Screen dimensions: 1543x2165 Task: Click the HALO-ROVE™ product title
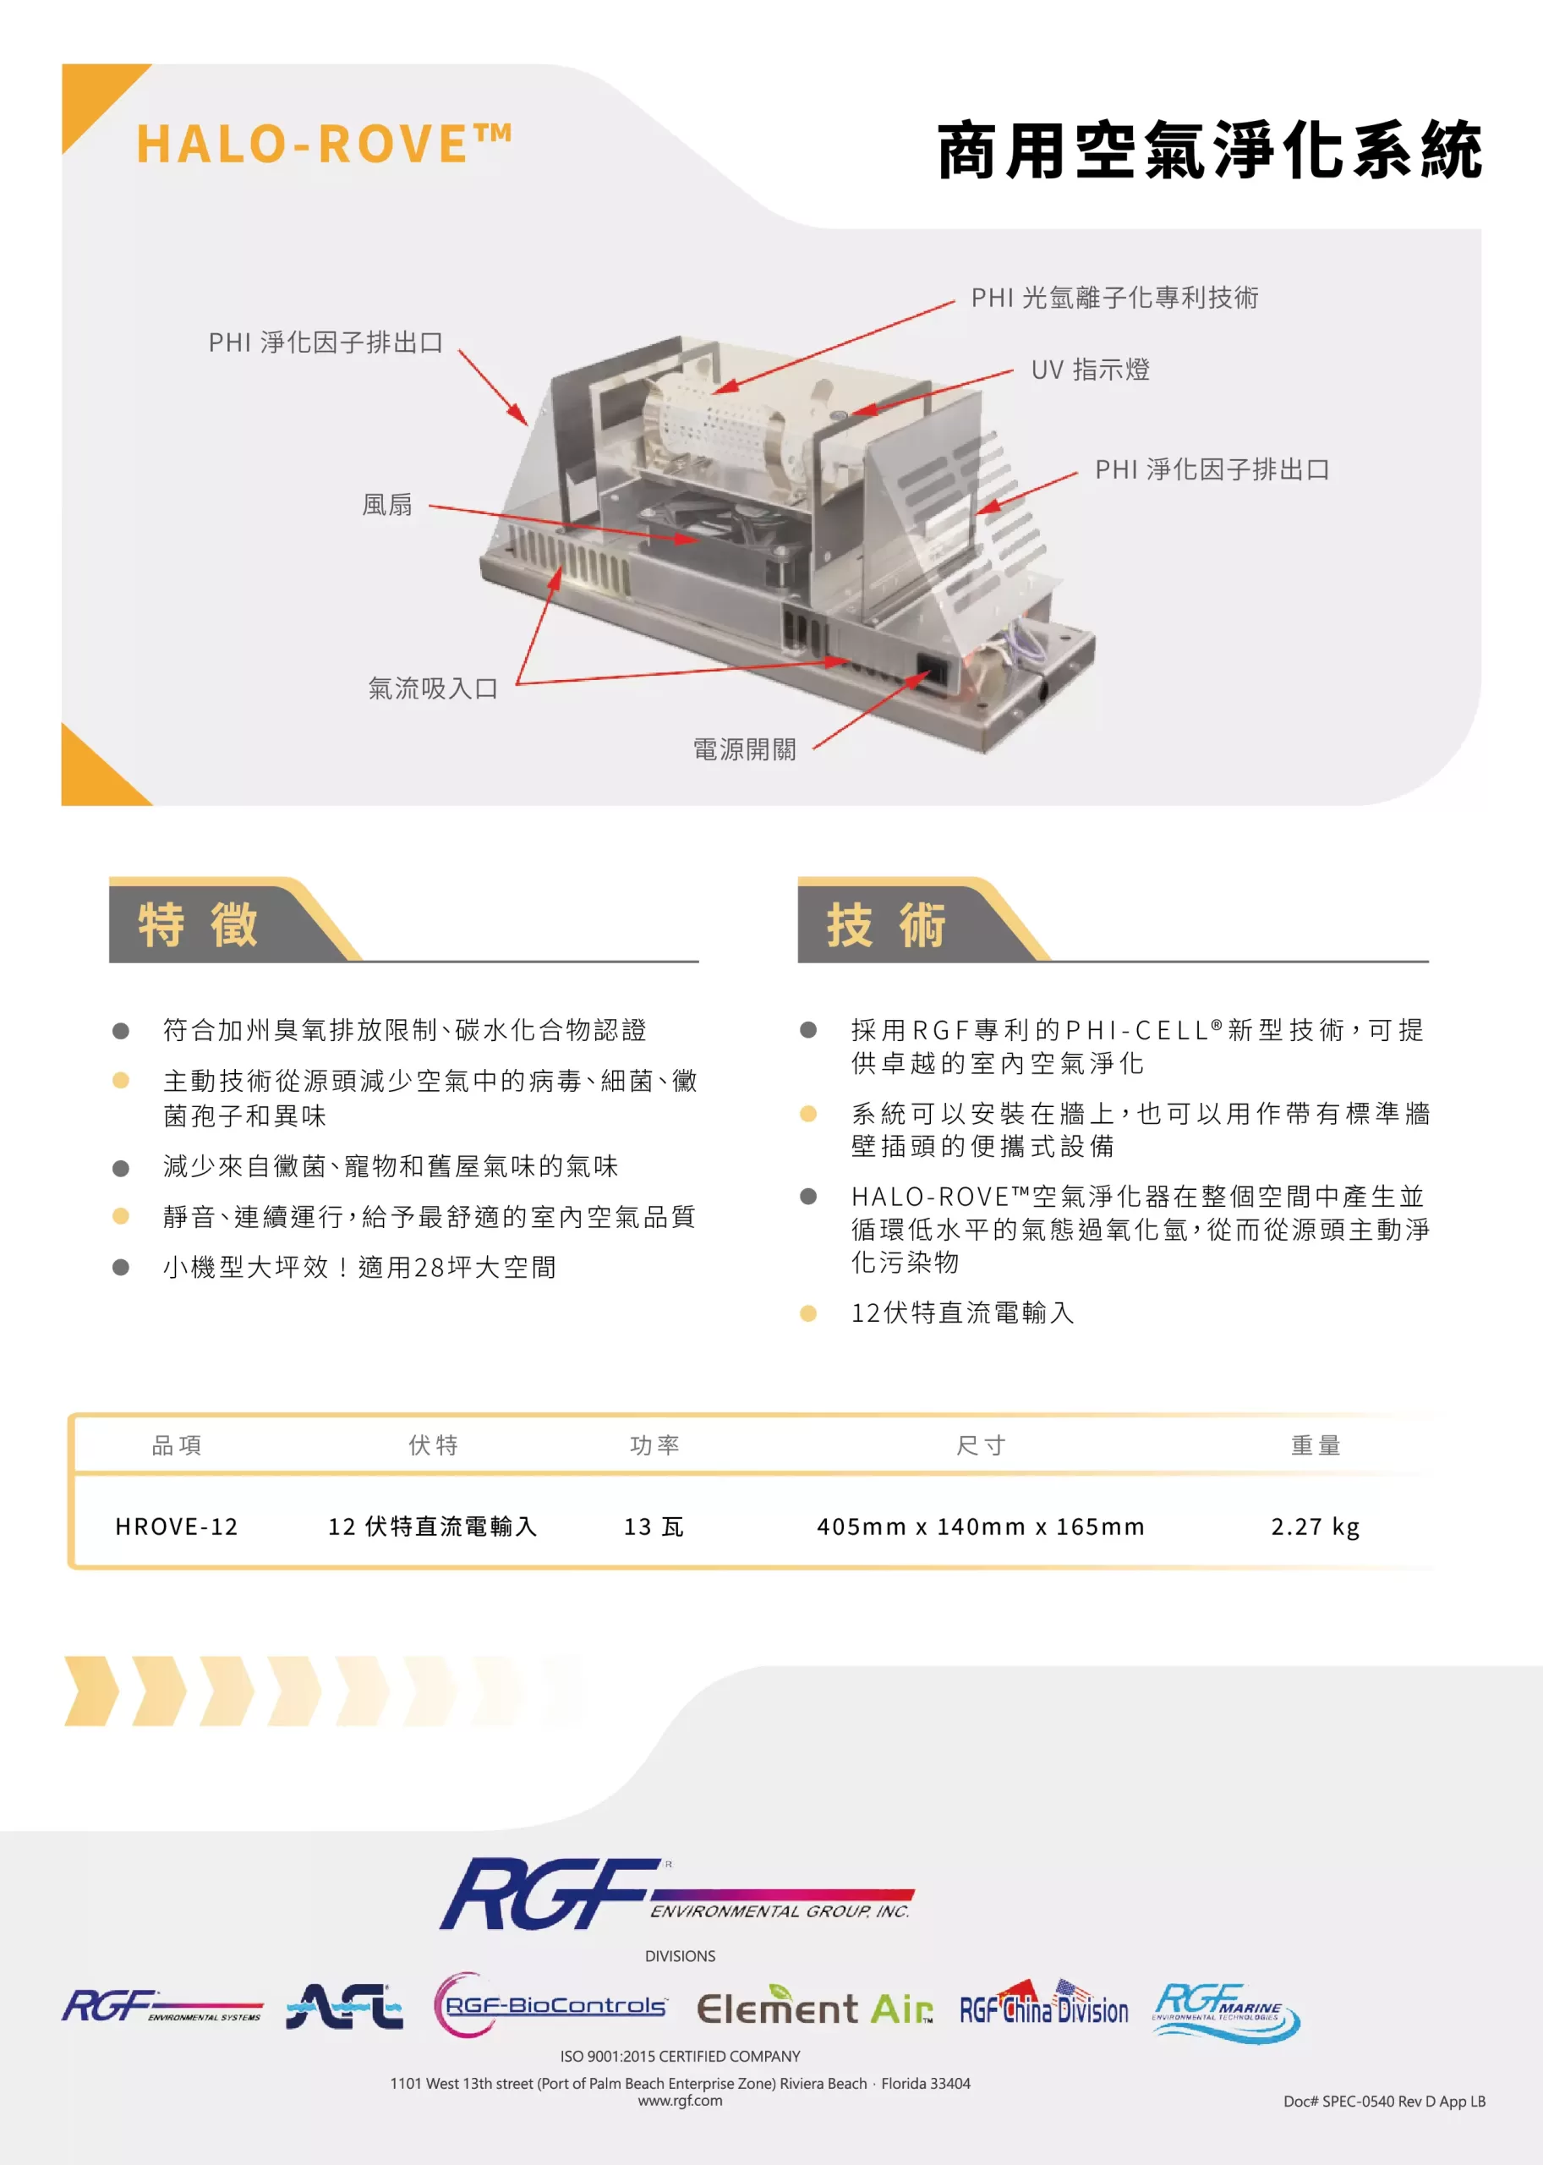(x=325, y=144)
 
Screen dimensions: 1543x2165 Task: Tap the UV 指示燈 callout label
(x=1091, y=370)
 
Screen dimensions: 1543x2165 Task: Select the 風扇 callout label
(x=387, y=505)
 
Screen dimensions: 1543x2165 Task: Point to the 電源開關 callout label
(x=745, y=750)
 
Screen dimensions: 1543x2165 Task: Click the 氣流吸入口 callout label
(x=433, y=689)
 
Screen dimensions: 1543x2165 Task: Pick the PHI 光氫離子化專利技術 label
(x=1114, y=298)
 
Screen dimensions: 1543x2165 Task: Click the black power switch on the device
(x=931, y=672)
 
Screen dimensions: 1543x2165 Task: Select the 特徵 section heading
(x=198, y=924)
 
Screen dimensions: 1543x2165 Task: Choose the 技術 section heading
(x=886, y=924)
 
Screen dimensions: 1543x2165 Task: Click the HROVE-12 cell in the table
(x=177, y=1526)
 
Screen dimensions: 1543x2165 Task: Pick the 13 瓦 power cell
(x=654, y=1526)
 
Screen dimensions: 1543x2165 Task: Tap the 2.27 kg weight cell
(x=1315, y=1526)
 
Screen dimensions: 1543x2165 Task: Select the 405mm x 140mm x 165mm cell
(x=981, y=1526)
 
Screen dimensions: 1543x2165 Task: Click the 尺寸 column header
(x=981, y=1445)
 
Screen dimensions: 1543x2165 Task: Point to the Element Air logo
(x=815, y=2006)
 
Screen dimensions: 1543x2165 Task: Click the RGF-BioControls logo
(x=551, y=2005)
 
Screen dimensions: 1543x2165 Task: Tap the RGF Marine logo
(x=1226, y=2011)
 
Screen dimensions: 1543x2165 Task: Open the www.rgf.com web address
(x=681, y=2102)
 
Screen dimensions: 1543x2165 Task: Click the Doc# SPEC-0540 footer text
(x=1384, y=2102)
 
